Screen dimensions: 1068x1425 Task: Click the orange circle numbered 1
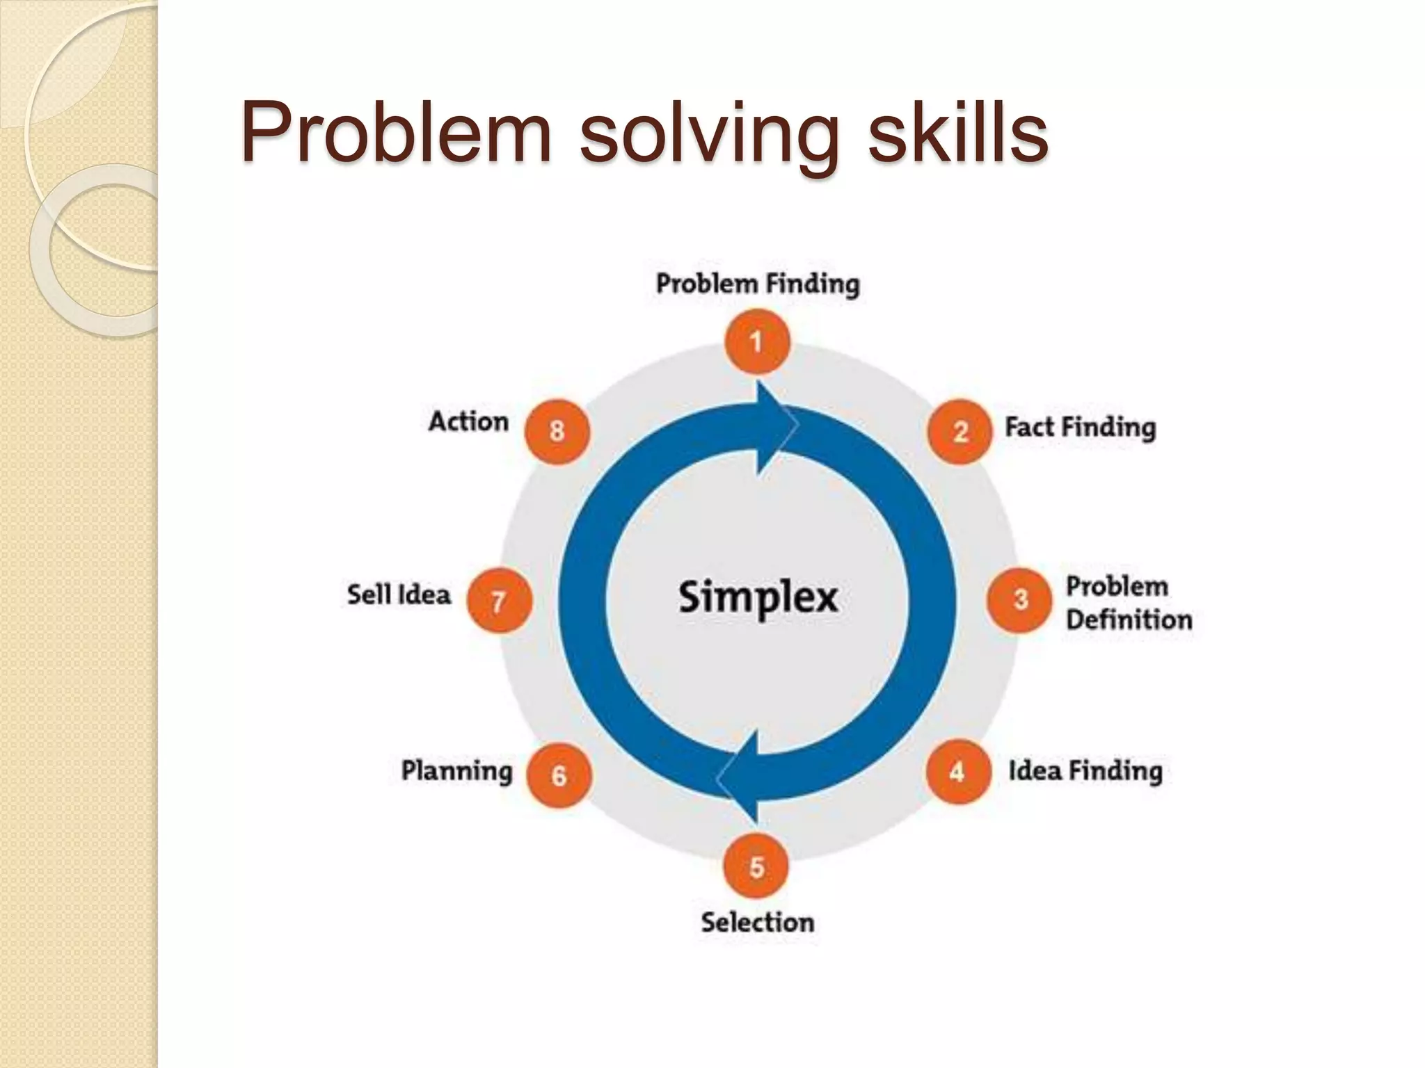tap(757, 342)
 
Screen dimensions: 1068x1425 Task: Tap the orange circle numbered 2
tap(960, 431)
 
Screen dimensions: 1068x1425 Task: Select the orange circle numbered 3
tap(1019, 600)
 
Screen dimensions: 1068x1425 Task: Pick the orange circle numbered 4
tap(958, 771)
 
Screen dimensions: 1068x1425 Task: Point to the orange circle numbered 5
tap(756, 867)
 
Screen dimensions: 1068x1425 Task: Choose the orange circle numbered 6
tap(559, 775)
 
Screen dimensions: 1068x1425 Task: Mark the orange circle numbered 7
tap(499, 601)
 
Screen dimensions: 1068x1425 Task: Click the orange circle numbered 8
tap(557, 431)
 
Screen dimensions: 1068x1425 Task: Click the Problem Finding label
tap(758, 284)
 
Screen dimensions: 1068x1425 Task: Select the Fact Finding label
tap(1080, 427)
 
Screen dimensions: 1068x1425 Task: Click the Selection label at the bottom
tap(757, 923)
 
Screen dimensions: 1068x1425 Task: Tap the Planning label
tap(456, 770)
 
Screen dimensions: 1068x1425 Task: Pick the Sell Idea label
tap(399, 595)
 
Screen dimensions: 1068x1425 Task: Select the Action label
tap(468, 421)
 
